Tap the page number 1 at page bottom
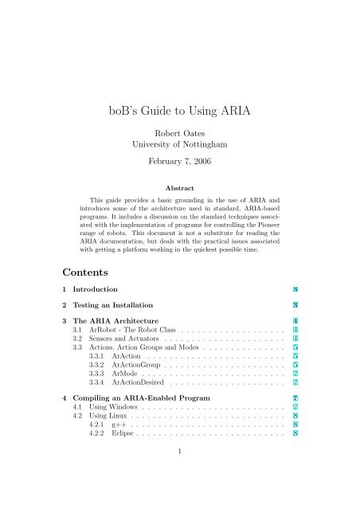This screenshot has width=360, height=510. [x=180, y=498]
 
